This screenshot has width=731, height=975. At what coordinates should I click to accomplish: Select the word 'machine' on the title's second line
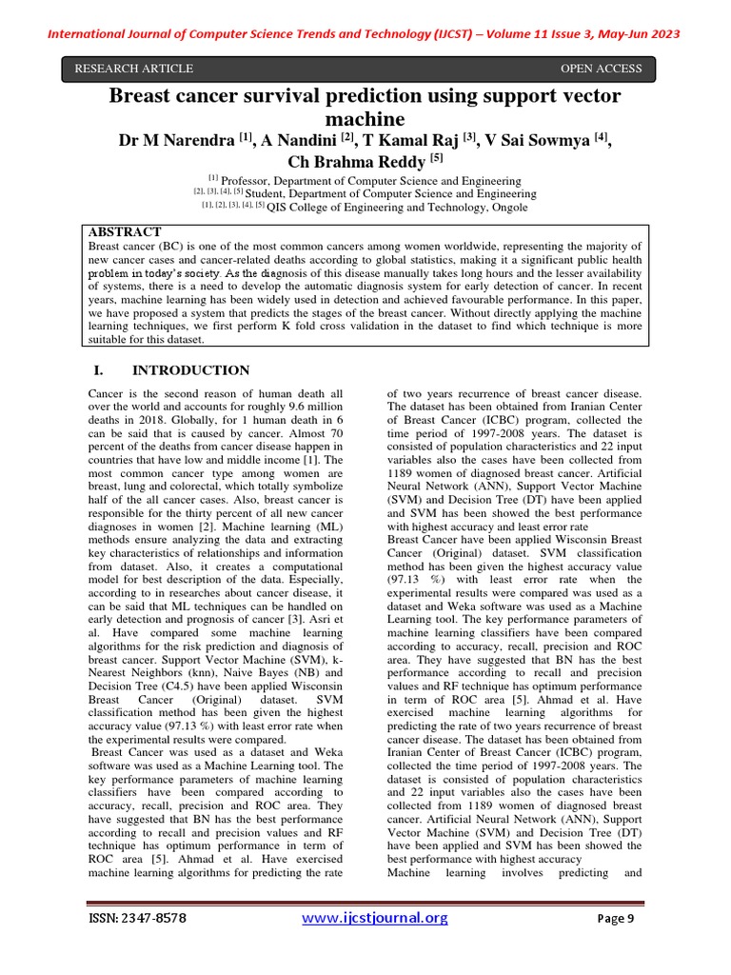[365, 119]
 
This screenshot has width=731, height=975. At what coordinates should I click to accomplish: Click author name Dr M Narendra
[177, 141]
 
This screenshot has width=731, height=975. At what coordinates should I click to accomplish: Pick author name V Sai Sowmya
[538, 141]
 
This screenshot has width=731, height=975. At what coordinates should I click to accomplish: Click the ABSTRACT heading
[125, 232]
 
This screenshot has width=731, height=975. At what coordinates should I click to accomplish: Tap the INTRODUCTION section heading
[190, 370]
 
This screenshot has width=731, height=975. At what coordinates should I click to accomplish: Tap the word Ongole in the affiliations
[506, 207]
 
